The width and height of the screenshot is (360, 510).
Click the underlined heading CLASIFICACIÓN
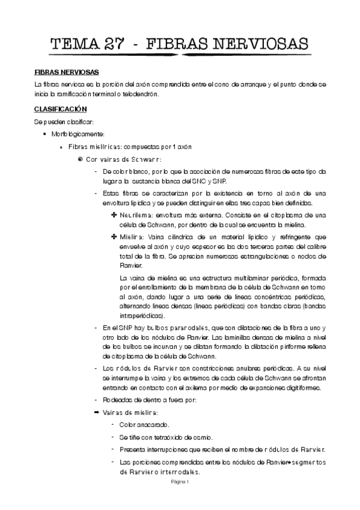tap(61, 109)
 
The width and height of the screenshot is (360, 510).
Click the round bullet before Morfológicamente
tap(45, 134)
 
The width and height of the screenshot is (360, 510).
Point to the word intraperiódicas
tap(142, 315)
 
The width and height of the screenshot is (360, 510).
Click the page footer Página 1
tap(180, 482)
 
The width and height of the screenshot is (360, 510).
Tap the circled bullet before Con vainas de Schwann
tap(80, 159)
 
